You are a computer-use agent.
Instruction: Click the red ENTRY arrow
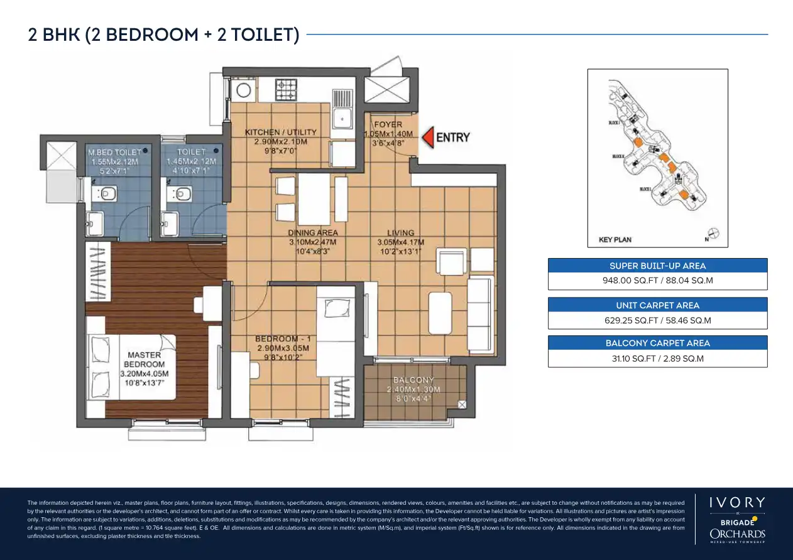[427, 137]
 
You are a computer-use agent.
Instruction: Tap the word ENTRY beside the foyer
[452, 137]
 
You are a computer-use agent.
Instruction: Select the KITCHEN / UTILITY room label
[280, 132]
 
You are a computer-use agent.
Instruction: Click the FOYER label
[388, 125]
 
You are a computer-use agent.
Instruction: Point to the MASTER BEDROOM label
[145, 360]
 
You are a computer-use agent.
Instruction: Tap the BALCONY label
[413, 380]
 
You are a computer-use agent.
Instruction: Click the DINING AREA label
[313, 233]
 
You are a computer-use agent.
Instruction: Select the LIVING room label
[400, 233]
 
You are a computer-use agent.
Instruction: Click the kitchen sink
[342, 116]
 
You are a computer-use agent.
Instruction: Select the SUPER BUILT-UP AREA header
[657, 266]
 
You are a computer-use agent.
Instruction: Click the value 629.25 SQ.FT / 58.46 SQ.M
[657, 320]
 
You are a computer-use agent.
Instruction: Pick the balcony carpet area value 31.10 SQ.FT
[657, 358]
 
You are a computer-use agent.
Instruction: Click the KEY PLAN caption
[615, 240]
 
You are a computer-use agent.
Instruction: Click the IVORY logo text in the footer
[737, 502]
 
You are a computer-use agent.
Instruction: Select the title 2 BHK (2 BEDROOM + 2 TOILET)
[163, 35]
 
